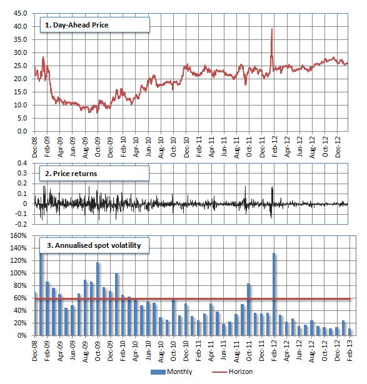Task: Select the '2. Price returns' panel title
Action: tap(74, 170)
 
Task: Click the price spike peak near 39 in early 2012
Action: tap(271, 29)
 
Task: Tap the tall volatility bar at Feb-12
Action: tap(274, 294)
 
